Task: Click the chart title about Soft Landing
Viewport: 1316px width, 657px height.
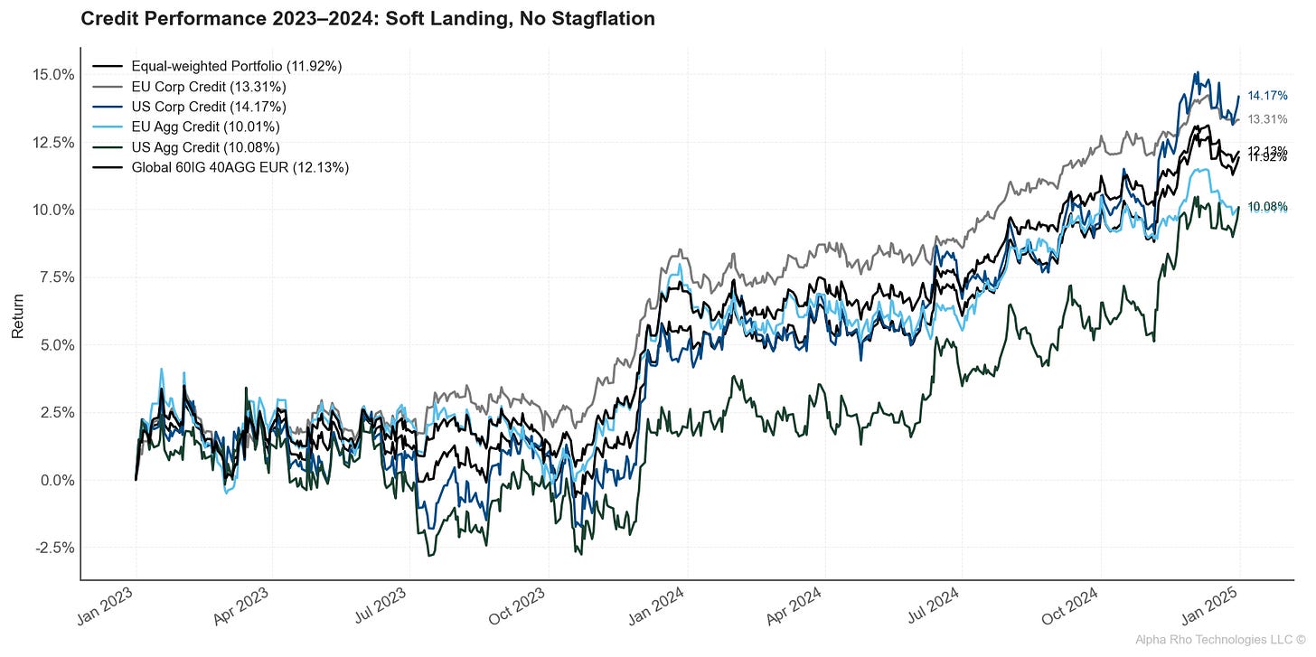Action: tap(368, 19)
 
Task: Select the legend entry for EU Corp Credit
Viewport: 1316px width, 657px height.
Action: tap(208, 87)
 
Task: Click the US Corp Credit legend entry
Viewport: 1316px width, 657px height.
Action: tap(208, 107)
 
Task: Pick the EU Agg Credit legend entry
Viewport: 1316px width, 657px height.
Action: tap(205, 127)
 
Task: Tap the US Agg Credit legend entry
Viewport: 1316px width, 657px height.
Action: tap(205, 147)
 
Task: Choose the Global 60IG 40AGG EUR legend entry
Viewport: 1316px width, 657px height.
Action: tap(240, 167)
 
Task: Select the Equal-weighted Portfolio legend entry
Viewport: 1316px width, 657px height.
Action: tap(236, 66)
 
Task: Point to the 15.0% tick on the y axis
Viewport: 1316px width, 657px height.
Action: tap(53, 74)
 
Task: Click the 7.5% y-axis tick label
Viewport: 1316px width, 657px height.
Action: tap(57, 277)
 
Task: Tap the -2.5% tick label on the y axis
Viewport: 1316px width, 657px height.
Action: tap(55, 548)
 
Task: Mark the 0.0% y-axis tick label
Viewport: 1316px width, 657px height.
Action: tap(57, 480)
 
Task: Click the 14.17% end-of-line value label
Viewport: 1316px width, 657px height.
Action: tap(1267, 96)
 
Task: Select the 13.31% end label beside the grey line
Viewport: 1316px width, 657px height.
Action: tap(1267, 119)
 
